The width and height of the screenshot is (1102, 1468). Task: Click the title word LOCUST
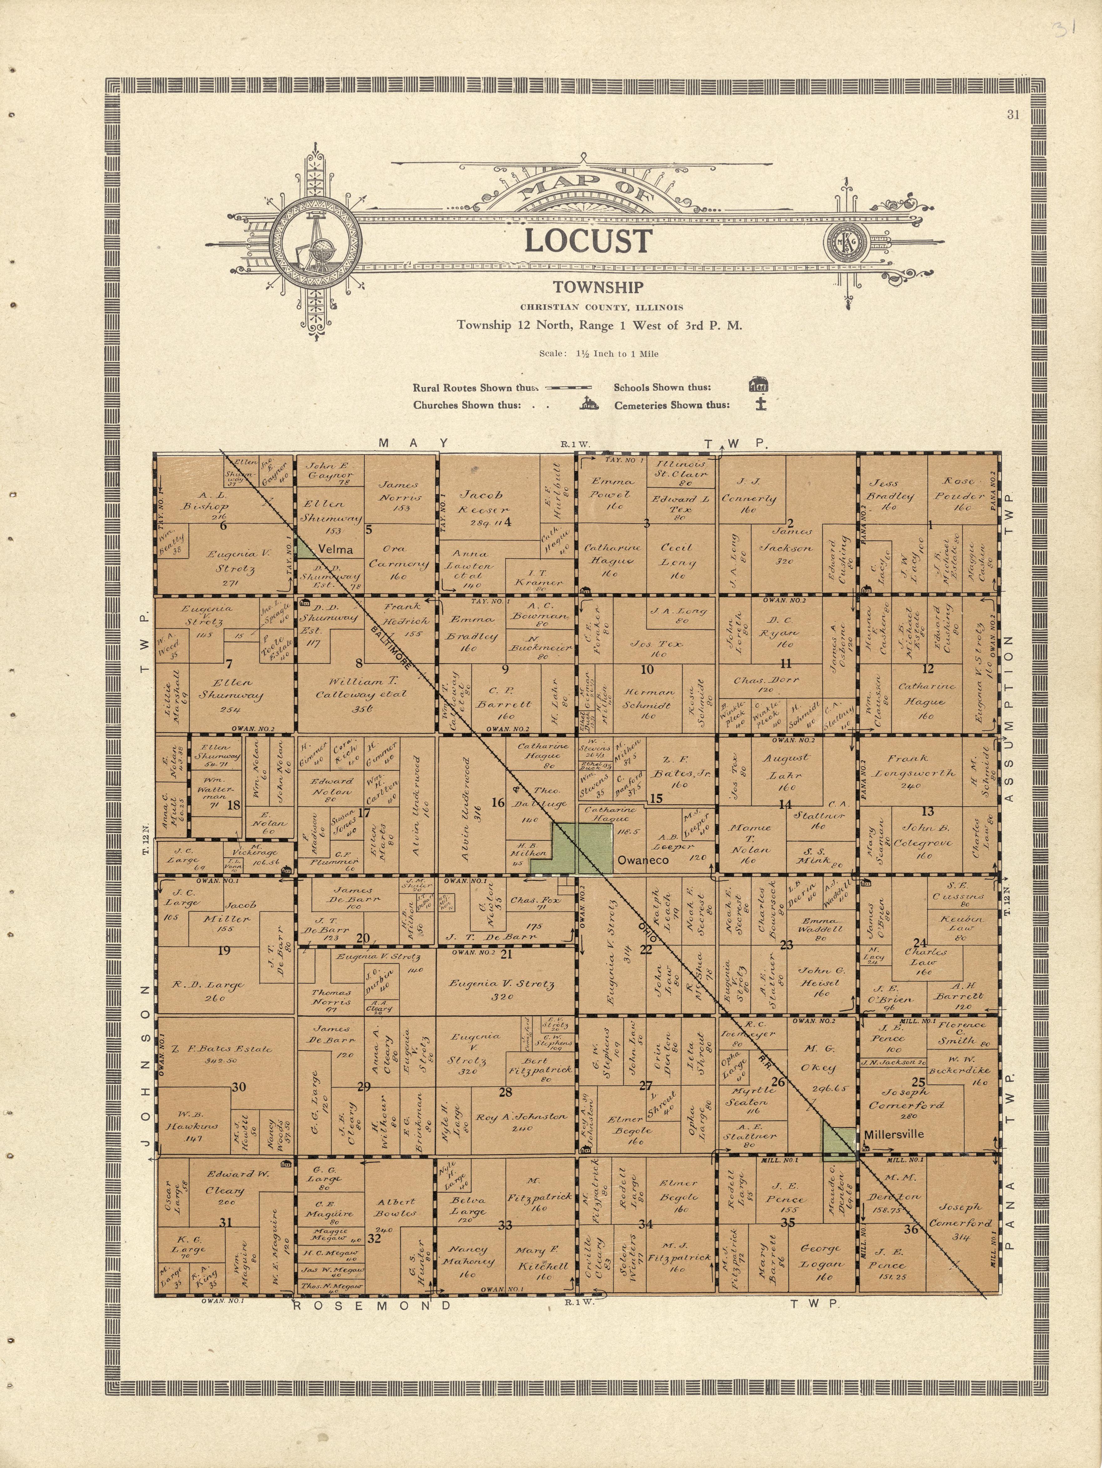click(588, 241)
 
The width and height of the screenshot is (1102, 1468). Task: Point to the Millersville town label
click(894, 1134)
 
